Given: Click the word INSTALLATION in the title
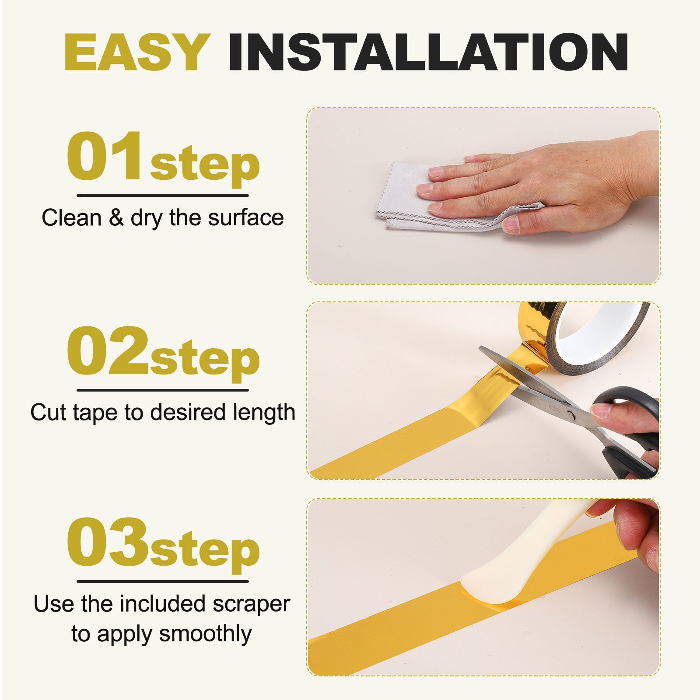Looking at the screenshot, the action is click(428, 52).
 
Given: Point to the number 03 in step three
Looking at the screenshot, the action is click(108, 542).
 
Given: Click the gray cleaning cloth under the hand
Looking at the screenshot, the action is click(442, 197).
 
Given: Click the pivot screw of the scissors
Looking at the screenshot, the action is click(570, 413).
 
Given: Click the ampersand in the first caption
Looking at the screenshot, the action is click(116, 217).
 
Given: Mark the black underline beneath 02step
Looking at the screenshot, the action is click(163, 390).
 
